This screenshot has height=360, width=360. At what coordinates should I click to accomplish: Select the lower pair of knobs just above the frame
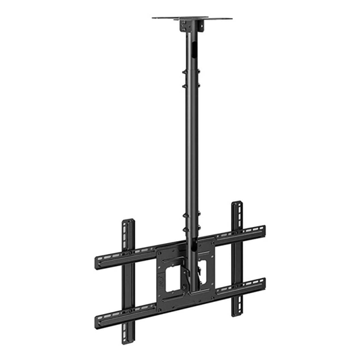[192, 224]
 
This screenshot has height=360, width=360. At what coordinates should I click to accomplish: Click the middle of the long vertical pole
[192, 149]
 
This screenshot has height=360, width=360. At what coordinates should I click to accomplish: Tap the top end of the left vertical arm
[128, 222]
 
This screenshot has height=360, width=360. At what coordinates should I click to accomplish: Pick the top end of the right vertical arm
[236, 205]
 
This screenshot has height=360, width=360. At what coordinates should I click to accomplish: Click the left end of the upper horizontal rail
[99, 260]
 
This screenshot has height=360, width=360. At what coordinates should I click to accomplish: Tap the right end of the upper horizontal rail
[262, 230]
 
